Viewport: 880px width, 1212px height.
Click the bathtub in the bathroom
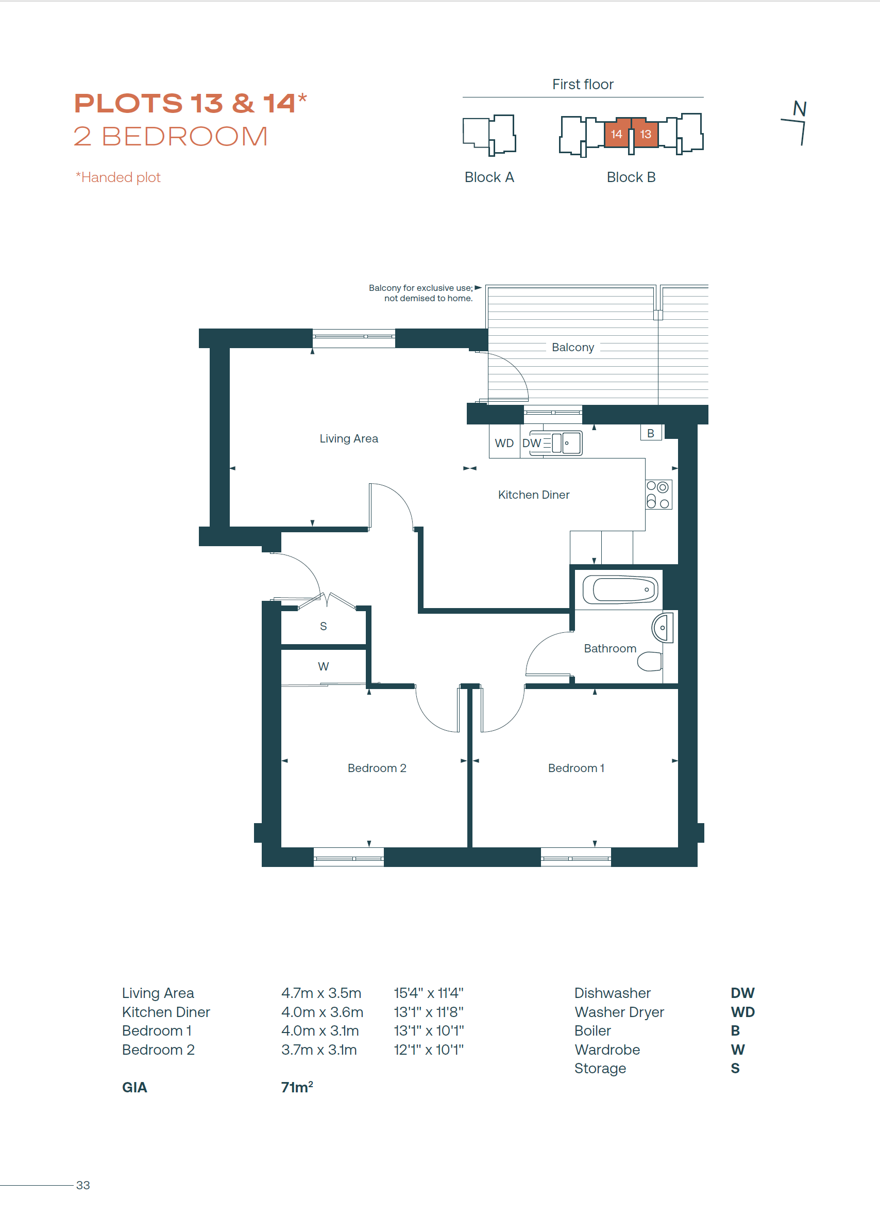620,590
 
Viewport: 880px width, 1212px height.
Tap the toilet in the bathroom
649,661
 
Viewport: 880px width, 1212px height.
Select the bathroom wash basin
662,627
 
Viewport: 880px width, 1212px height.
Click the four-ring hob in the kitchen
658,495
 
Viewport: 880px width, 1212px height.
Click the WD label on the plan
504,443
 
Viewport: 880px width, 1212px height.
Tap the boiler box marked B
651,433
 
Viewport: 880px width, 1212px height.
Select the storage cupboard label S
323,626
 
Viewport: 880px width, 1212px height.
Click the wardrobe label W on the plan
323,666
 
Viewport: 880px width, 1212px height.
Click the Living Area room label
349,439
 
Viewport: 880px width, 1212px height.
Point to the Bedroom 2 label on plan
377,768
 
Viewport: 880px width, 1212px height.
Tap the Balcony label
573,348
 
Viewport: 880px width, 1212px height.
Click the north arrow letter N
800,109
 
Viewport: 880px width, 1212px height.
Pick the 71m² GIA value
297,1087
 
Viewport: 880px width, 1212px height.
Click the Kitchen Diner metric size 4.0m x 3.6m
322,1012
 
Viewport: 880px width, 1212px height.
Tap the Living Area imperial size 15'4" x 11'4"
429,993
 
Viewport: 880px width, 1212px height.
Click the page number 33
83,1185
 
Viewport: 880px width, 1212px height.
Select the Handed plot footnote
118,177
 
